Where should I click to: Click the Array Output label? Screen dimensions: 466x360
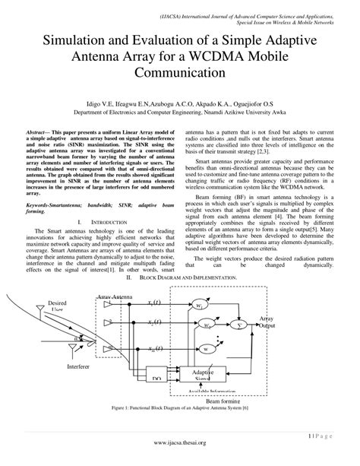coord(267,324)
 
